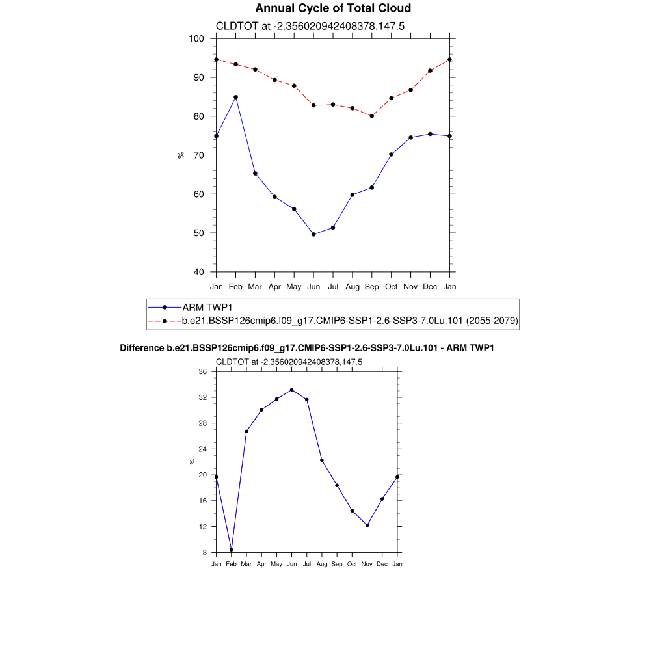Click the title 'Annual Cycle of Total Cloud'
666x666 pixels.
[333, 8]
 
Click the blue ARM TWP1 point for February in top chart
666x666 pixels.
[235, 97]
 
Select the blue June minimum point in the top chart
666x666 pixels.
[313, 234]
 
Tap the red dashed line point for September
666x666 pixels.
[371, 116]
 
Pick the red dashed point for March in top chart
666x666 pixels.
[255, 70]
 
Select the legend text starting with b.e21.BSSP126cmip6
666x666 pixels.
[349, 321]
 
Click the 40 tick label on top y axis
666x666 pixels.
[198, 272]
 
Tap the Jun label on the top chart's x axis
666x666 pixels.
[313, 286]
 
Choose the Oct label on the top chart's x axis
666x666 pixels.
[391, 286]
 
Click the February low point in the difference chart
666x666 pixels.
[232, 550]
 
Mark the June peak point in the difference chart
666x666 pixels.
[291, 390]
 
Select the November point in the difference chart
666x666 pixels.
[367, 525]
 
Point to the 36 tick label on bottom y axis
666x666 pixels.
[203, 371]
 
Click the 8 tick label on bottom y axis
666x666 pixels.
[204, 552]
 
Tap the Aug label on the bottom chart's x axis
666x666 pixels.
[321, 564]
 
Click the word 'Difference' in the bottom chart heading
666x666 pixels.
[138, 348]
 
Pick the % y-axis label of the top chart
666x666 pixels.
[181, 155]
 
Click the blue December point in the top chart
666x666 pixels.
[430, 134]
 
